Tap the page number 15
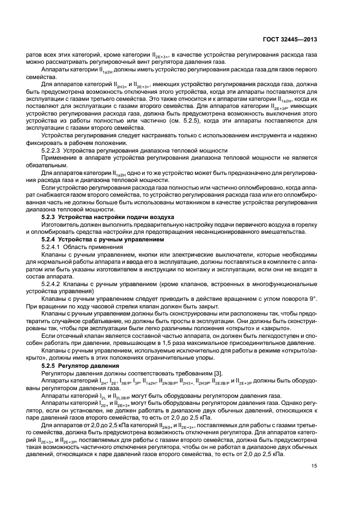click(x=314, y=465)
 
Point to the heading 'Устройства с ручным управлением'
click(x=114, y=240)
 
